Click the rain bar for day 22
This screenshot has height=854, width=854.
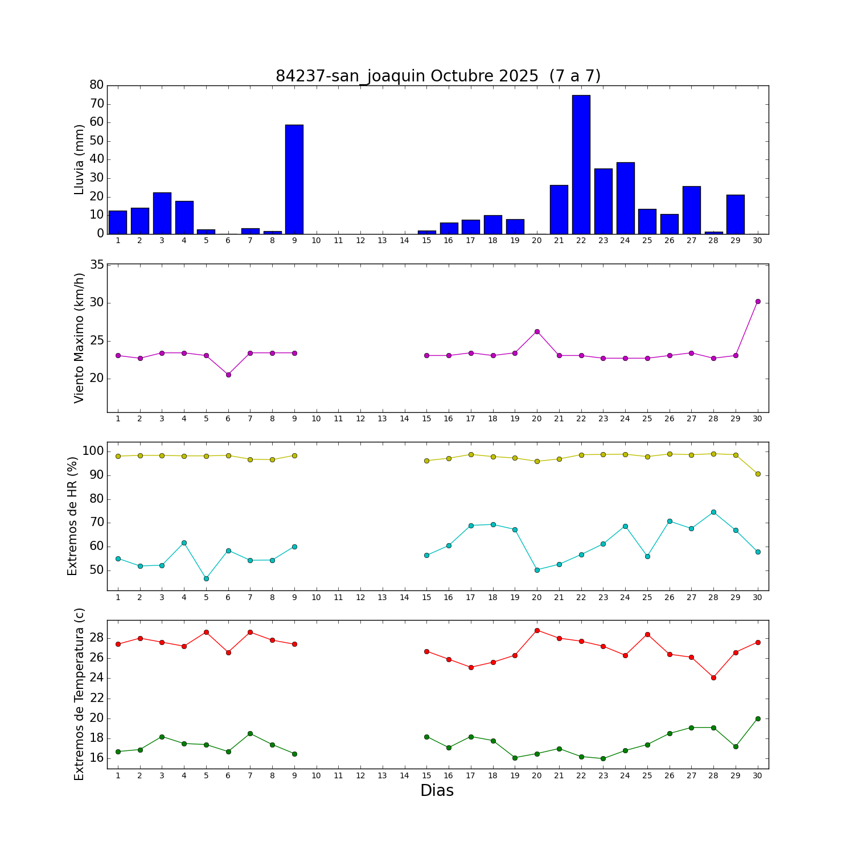click(581, 165)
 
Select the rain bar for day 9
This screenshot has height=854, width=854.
click(294, 179)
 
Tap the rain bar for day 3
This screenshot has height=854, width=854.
click(162, 213)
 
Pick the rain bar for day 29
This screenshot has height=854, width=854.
click(735, 214)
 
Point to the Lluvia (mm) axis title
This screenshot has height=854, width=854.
click(79, 159)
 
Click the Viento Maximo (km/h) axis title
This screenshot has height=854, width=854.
click(79, 338)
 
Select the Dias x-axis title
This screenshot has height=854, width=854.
click(437, 791)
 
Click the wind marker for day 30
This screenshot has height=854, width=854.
click(757, 301)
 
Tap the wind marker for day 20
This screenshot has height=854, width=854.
click(537, 331)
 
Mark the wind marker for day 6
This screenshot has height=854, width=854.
click(228, 375)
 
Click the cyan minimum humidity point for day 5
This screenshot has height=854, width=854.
click(206, 578)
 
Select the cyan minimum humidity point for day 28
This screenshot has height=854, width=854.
click(713, 512)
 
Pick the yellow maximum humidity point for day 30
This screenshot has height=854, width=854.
click(757, 474)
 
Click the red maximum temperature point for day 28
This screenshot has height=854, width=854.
click(713, 678)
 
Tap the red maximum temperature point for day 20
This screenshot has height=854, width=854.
click(537, 630)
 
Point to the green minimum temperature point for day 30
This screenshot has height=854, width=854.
click(757, 718)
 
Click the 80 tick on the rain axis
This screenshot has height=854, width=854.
click(97, 85)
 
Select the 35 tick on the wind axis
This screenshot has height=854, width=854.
click(97, 265)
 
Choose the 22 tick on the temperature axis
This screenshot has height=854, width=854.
click(97, 699)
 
